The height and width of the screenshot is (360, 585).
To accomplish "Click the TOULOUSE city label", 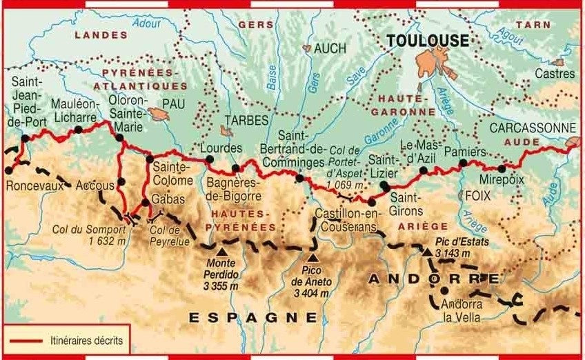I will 428,41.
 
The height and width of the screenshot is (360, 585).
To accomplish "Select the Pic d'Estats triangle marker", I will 428,252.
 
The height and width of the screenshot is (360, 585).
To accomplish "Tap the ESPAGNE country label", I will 253,317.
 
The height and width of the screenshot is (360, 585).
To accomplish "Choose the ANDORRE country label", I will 434,279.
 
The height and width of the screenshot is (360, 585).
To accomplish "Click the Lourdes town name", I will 220,148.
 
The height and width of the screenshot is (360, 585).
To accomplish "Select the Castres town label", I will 549,72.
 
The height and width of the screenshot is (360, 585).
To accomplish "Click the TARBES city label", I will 246,120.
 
